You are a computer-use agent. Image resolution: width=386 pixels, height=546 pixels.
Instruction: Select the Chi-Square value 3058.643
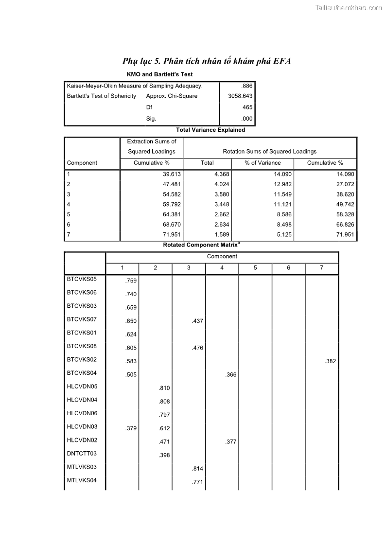240,96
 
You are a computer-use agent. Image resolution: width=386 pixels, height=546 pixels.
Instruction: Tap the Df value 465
247,107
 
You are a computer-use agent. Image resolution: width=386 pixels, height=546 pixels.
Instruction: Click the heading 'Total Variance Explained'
210,130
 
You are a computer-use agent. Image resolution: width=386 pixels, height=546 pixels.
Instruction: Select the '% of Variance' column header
263,163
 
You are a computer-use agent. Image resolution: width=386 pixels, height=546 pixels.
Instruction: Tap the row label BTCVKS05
82,280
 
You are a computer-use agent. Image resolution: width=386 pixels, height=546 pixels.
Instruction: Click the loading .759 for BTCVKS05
131,281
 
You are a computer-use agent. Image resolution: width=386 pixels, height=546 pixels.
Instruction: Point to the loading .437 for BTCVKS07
197,321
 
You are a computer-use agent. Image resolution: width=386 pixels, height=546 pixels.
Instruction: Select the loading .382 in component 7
330,361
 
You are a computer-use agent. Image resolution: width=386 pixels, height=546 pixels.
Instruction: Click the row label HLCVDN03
82,427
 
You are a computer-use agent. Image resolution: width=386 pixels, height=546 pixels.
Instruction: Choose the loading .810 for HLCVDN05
164,388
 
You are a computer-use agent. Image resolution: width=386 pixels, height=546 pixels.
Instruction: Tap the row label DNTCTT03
82,454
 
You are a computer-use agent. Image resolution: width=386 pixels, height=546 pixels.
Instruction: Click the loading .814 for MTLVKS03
197,469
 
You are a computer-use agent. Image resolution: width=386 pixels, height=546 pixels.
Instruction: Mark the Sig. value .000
247,119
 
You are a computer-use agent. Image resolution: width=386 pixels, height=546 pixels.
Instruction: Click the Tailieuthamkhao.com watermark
349,7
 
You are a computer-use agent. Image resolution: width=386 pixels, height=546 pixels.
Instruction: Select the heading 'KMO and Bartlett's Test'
159,74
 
